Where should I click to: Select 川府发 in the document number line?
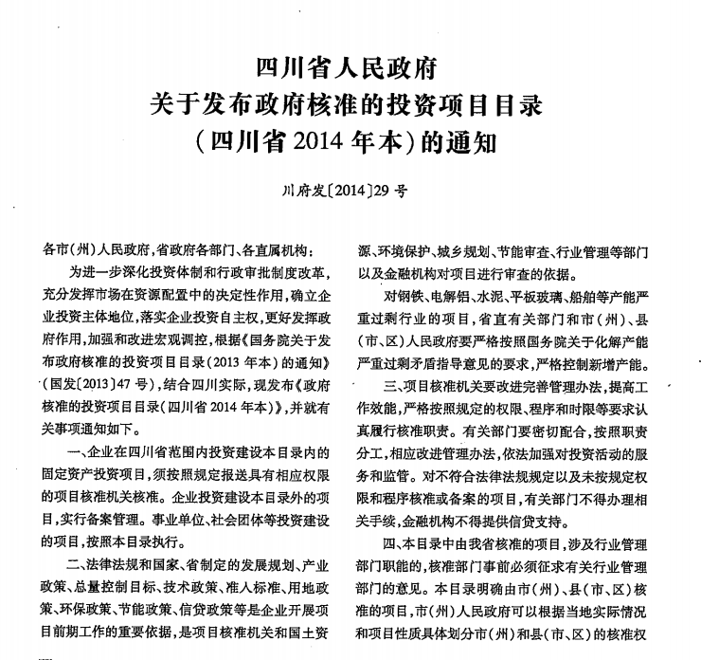click(x=304, y=190)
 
